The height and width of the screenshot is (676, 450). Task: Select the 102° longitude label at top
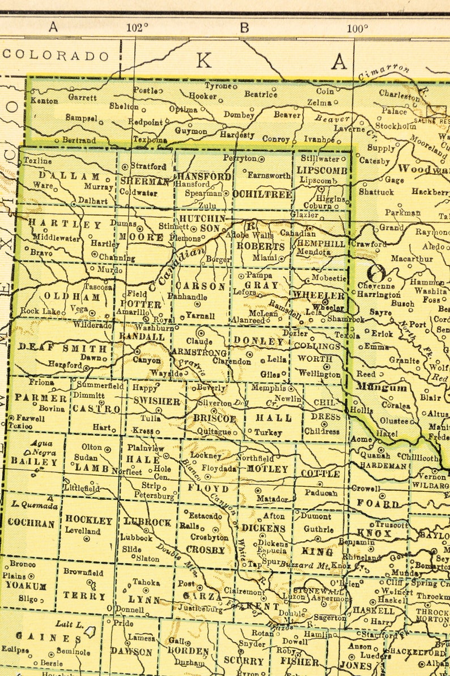[x=137, y=27]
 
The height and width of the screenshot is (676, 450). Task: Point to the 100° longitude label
[x=357, y=28]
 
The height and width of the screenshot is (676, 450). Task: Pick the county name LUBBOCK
[x=147, y=522]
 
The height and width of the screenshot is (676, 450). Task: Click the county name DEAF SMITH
[x=62, y=348]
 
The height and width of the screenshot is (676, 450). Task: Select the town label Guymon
[x=191, y=131]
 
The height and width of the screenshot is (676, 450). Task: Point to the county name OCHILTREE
[x=262, y=194]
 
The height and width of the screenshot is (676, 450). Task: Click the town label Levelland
[x=83, y=531]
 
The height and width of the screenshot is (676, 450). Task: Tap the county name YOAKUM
[x=27, y=585]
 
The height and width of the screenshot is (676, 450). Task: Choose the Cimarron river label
[x=384, y=72]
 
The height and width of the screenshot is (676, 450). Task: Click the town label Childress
[x=322, y=431]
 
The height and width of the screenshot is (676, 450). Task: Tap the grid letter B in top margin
[x=244, y=27]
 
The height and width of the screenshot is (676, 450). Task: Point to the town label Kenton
[x=44, y=101]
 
